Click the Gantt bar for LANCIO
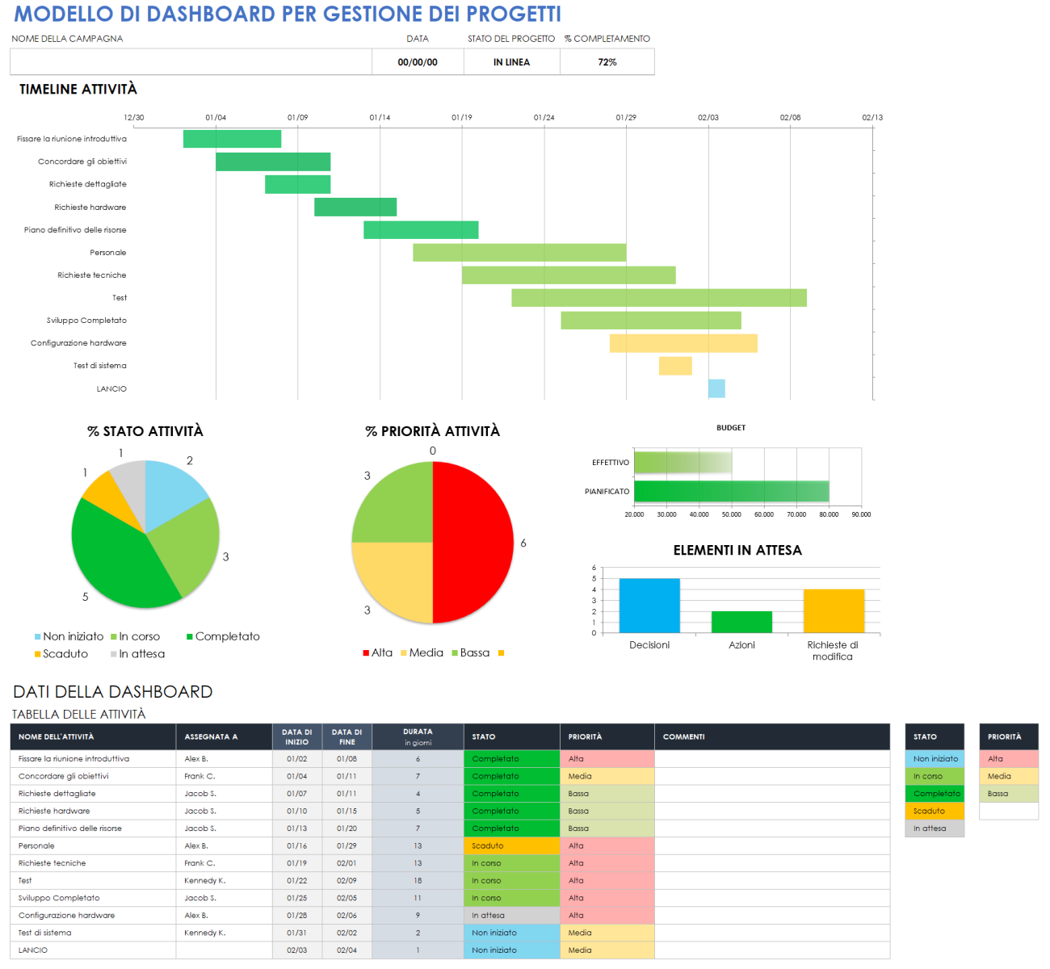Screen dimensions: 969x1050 coord(716,388)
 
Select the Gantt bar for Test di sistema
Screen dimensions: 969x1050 coord(675,366)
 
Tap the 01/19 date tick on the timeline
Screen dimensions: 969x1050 coord(462,118)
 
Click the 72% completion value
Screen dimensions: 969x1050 coord(607,62)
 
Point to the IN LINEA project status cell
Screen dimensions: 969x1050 coord(511,62)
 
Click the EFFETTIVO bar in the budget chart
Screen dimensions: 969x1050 coord(682,463)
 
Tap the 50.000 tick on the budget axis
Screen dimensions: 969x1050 coord(731,514)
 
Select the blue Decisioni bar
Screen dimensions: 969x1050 coord(649,606)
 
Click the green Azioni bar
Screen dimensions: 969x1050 coord(741,622)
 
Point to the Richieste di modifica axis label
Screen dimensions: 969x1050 coord(833,651)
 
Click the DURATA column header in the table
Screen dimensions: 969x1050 coord(418,736)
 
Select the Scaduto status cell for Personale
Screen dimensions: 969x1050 coord(511,846)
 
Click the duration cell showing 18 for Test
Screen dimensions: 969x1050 coord(418,881)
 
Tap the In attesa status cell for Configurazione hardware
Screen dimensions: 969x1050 coord(511,916)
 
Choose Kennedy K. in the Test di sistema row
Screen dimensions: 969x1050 coord(205,933)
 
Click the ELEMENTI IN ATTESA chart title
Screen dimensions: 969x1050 coord(737,550)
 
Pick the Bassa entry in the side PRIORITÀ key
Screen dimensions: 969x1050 coord(1008,794)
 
